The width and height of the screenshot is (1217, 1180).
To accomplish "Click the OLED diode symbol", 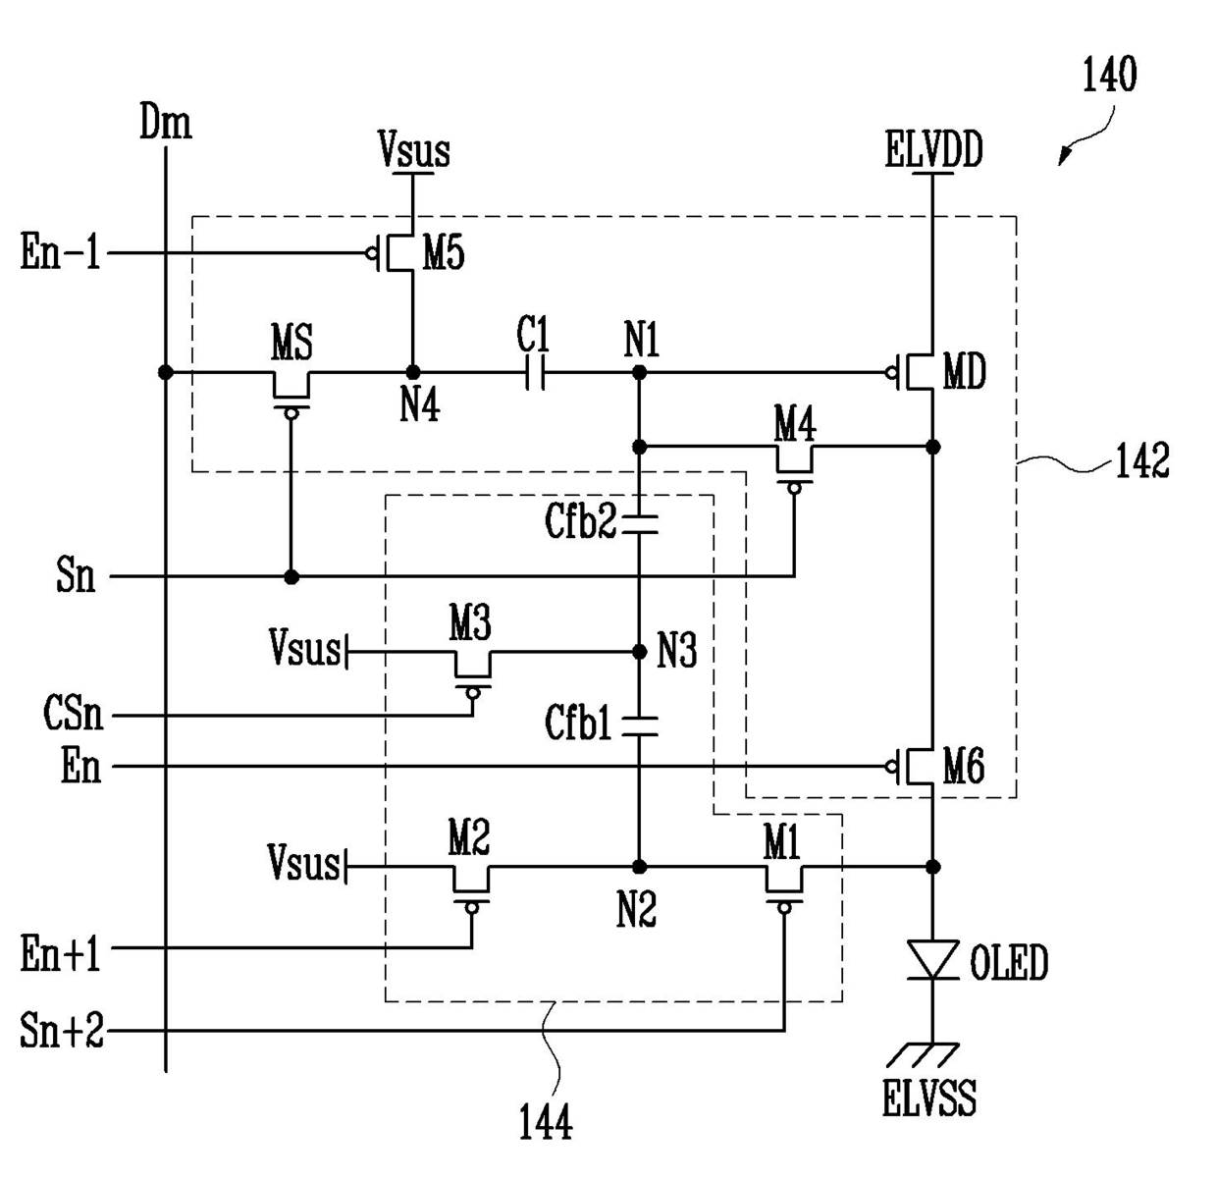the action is point(932,959).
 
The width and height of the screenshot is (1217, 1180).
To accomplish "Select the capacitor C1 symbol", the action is point(535,373).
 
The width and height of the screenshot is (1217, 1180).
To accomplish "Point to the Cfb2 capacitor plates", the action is point(639,524).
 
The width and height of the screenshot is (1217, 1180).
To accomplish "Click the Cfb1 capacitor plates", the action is point(639,726).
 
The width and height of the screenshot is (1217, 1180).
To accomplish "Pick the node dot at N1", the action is point(639,373).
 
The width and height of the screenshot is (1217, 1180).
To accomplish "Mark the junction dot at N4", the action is point(413,373).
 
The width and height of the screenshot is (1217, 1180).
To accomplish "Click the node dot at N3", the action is point(639,652).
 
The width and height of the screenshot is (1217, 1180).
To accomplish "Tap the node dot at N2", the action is point(639,867).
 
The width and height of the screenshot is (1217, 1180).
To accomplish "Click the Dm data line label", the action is point(165,122).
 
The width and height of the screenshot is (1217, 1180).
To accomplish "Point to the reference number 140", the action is point(1109,75).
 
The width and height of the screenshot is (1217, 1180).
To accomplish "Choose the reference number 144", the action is point(546,1122).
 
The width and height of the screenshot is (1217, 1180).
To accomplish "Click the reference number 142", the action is point(1142,461).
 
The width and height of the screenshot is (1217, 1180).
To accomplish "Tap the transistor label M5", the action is point(444,253).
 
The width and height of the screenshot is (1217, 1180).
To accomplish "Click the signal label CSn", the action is point(73,714).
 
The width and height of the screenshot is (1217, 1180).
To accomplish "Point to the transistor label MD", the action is point(965,371).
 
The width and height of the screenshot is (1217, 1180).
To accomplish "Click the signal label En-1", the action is point(61,252).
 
